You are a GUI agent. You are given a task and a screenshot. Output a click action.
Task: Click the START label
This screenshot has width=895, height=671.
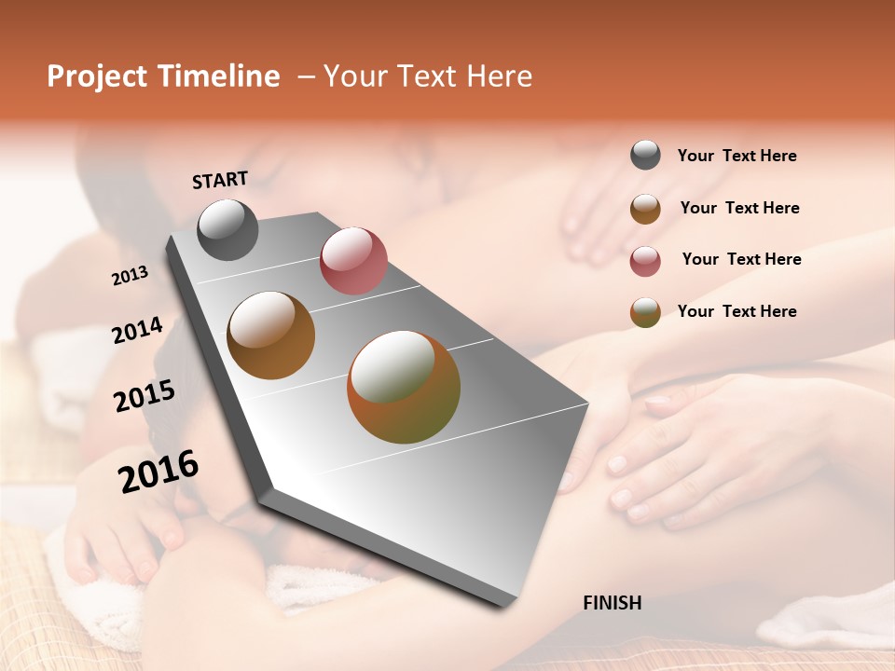pos(220,180)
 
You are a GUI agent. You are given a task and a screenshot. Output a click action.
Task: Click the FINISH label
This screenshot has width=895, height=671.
pos(612,603)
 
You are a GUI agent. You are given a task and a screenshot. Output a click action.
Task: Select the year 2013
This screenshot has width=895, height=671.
pos(130,275)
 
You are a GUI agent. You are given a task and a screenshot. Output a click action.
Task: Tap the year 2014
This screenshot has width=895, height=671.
pos(137,330)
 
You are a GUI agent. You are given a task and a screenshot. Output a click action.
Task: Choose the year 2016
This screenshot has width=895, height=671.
pos(158,471)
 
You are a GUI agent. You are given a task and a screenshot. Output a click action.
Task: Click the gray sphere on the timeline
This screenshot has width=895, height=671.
pos(227,229)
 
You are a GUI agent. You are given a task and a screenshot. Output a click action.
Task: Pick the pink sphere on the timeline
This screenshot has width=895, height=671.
pos(353,260)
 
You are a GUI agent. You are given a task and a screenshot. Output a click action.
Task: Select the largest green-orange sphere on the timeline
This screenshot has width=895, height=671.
pos(404,387)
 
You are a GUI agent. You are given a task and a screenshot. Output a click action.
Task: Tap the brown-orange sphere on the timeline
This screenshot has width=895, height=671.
pos(270,335)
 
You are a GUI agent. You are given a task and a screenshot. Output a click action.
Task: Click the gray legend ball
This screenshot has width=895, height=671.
pos(645,155)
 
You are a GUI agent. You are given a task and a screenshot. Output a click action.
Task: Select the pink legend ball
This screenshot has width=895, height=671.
pos(645,261)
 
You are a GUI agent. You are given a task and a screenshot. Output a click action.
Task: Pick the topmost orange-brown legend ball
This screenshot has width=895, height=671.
pos(645,209)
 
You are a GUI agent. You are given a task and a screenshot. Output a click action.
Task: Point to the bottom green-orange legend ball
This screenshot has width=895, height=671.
pos(645,312)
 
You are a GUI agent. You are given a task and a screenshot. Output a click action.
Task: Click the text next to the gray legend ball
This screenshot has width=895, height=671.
pos(737,156)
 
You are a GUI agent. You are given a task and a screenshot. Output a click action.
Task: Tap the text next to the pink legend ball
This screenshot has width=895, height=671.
pos(741,259)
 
